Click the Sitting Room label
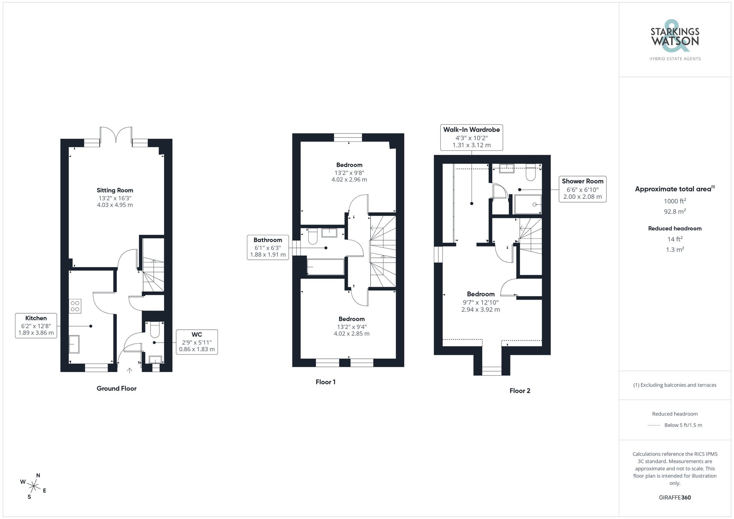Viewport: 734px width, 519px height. [x=115, y=190]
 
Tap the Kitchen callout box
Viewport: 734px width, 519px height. [x=36, y=326]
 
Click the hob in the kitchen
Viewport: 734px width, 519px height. [x=75, y=306]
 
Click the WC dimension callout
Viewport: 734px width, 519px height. [x=197, y=342]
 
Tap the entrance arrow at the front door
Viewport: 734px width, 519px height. [x=129, y=371]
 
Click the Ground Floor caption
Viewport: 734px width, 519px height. [x=116, y=388]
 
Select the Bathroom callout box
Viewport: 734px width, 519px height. [x=268, y=247]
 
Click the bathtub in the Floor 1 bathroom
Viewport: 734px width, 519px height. [x=325, y=267]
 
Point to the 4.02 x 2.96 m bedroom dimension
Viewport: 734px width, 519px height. [x=349, y=180]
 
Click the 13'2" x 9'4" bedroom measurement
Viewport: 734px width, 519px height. [x=352, y=327]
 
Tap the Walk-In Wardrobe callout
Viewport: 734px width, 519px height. [x=471, y=137]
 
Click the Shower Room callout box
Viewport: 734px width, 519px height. [x=582, y=189]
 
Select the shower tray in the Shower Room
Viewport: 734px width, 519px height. [x=528, y=204]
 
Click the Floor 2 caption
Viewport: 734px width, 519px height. [x=520, y=391]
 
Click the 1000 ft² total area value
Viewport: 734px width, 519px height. [x=675, y=201]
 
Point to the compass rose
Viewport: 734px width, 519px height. [x=33, y=487]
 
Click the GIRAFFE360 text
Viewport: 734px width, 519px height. [x=675, y=497]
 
